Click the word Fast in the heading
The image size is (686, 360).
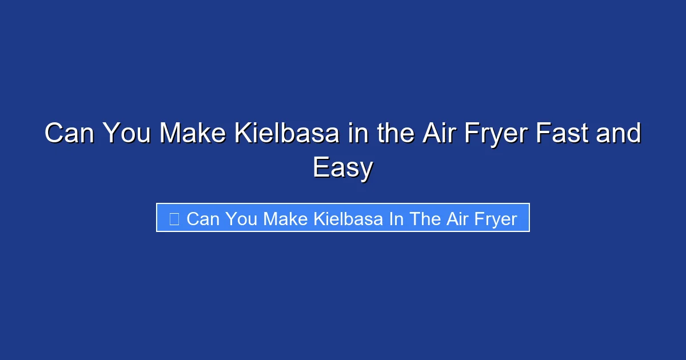pos(566,134)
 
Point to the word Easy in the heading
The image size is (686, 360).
pos(343,168)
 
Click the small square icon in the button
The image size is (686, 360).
pos(174,218)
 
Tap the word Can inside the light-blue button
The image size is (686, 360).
pos(203,218)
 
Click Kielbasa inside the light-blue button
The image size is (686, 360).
pos(349,218)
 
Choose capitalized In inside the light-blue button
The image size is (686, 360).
pos(396,218)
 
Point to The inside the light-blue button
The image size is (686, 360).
pos(424,218)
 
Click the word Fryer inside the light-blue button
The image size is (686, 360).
pos(496,219)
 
